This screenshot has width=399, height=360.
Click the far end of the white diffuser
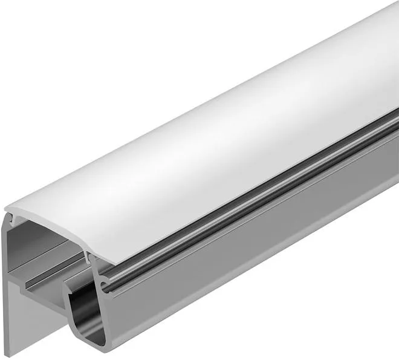point(387,36)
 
